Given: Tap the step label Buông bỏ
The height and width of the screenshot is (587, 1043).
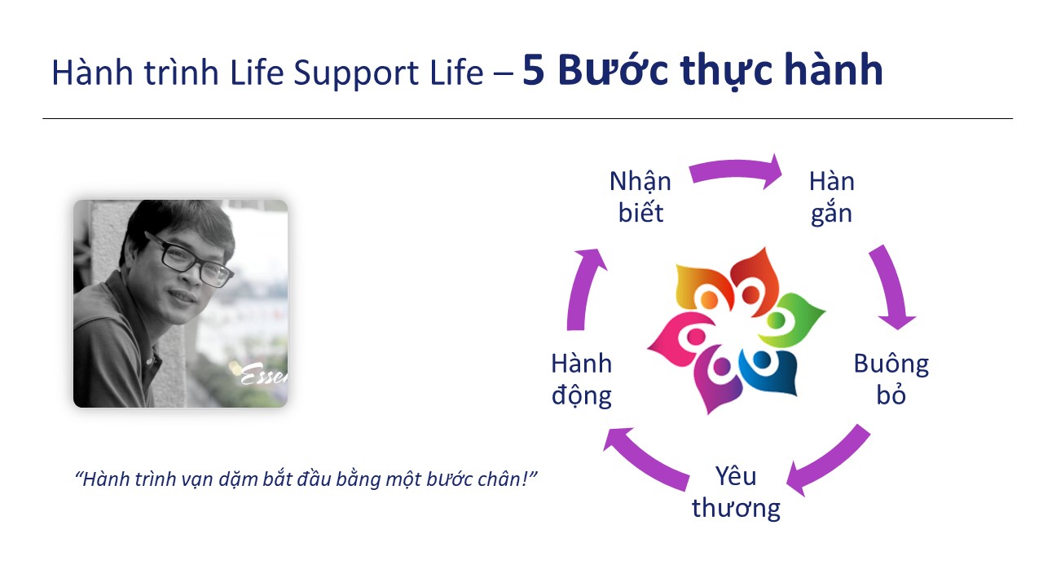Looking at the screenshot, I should click(x=891, y=379).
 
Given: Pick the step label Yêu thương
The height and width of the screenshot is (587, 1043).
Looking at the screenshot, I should click(x=736, y=492).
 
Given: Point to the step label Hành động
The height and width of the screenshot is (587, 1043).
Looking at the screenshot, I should click(x=581, y=379).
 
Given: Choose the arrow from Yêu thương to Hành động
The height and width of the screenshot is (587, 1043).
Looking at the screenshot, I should click(x=644, y=461).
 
